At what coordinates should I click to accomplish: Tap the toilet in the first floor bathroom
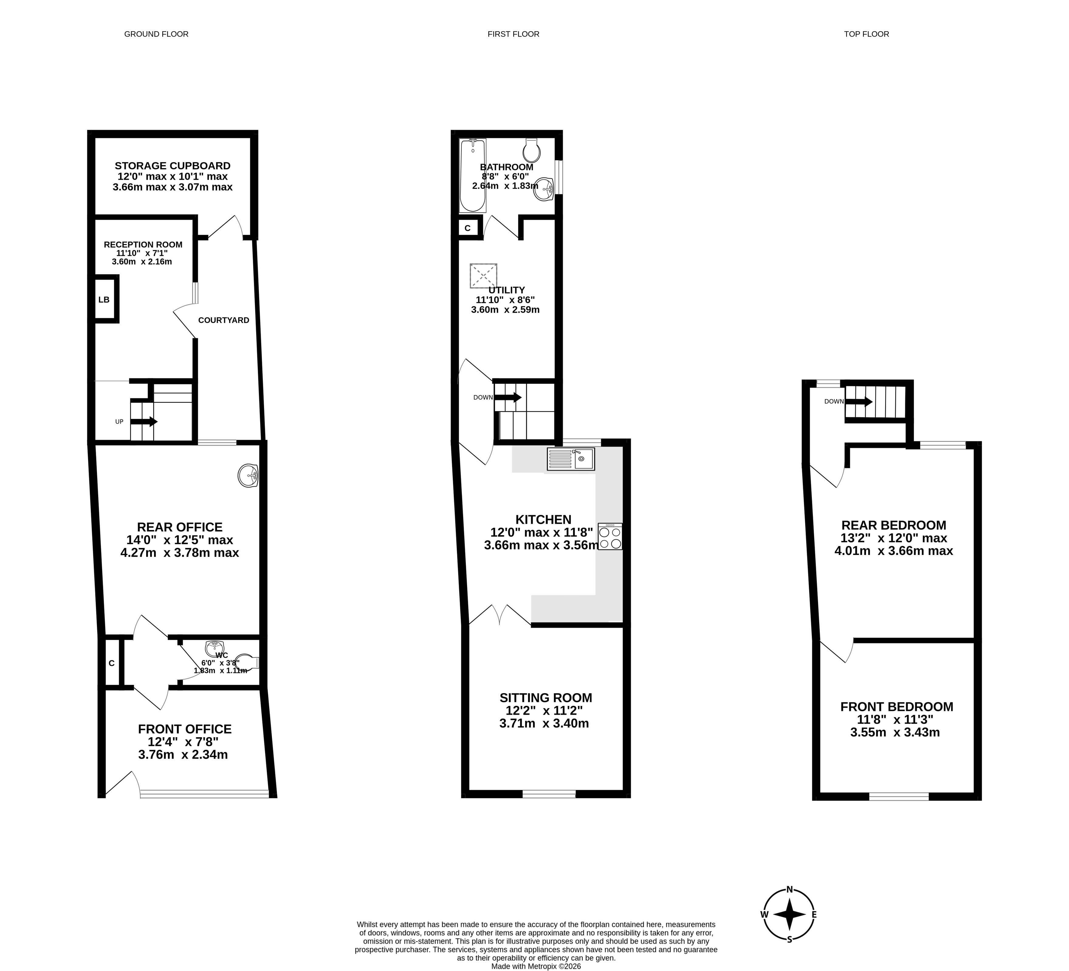pos(531,151)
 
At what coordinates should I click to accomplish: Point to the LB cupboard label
pos(104,300)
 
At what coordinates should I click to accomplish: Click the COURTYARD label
pos(224,320)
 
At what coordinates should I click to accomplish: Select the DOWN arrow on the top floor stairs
pos(858,401)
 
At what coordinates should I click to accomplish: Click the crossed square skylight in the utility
pos(483,276)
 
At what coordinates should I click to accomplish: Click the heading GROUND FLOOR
pos(156,34)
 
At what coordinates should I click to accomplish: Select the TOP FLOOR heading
pos(866,34)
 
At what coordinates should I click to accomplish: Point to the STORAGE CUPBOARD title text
pos(173,166)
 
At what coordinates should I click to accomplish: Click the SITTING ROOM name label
pos(546,698)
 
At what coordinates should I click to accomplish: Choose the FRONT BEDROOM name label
pos(897,707)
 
